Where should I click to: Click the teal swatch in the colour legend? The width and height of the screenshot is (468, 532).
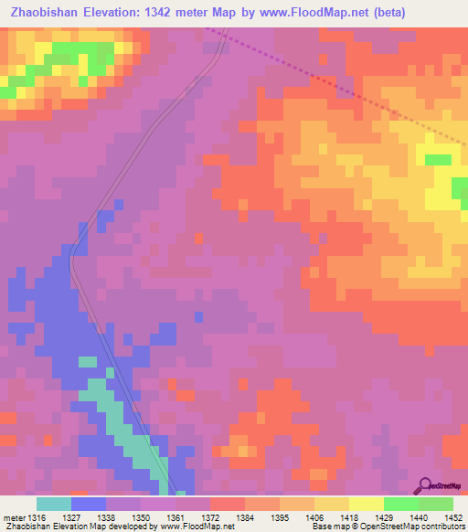(53, 504)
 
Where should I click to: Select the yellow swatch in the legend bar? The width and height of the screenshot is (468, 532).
(366, 504)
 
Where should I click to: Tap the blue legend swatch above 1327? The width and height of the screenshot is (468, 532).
(88, 504)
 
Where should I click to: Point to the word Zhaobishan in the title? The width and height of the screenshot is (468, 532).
(49, 12)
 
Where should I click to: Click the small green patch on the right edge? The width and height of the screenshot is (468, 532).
(439, 159)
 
